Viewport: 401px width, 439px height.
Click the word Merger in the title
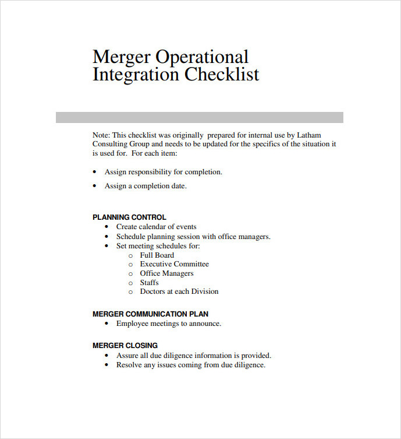[x=120, y=57]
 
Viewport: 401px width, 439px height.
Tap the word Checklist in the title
[x=222, y=75]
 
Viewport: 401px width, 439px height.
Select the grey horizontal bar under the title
[x=199, y=117]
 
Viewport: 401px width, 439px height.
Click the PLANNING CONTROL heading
[x=129, y=217]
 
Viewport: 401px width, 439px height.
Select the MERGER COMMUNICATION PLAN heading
[x=150, y=314]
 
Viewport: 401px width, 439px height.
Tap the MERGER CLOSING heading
[x=125, y=346]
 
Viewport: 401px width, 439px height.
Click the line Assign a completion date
[x=146, y=186]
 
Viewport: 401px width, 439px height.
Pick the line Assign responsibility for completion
[x=163, y=172]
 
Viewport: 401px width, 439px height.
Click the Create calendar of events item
[x=156, y=227]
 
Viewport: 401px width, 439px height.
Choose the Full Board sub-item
[x=157, y=255]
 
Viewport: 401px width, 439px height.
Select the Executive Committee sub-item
[x=174, y=264]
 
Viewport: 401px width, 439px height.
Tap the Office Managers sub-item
[x=166, y=273]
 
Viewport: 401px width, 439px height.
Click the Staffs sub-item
[x=149, y=283]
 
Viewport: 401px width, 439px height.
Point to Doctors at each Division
[x=179, y=292]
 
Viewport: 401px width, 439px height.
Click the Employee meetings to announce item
[x=168, y=324]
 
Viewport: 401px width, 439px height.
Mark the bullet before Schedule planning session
[x=107, y=237]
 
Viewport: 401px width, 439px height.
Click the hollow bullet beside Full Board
[x=130, y=255]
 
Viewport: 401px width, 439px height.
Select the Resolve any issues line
[x=190, y=365]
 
